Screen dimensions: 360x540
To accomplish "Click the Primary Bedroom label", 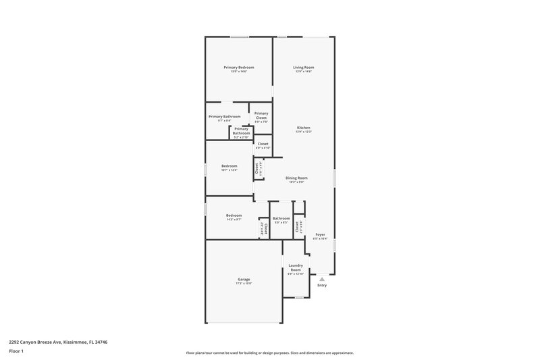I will tap(239, 68).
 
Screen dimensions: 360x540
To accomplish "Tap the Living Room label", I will tap(303, 68).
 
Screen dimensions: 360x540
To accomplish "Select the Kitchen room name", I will tap(303, 128).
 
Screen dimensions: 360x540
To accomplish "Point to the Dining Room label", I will tap(296, 178).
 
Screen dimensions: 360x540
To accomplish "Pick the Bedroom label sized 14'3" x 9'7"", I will tap(234, 215).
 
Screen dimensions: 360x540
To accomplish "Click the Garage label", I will tap(244, 279).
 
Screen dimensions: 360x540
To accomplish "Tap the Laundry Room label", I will tap(296, 267).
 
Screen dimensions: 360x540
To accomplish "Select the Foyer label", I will tap(320, 234).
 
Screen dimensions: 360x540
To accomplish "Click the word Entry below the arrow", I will tap(322, 286).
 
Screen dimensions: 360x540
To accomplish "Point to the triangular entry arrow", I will tap(322, 278).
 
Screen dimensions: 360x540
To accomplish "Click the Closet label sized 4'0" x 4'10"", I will tap(263, 144).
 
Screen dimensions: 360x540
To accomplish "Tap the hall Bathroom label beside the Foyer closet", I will tap(281, 218).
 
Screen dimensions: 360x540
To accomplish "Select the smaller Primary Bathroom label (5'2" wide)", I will tap(241, 131).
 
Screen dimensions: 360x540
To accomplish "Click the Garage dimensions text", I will tap(244, 284).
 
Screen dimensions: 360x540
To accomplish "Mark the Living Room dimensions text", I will tap(303, 72).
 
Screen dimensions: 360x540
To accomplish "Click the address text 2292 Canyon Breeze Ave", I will tap(58, 342).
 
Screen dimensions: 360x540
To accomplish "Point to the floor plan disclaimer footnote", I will tap(270, 353).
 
